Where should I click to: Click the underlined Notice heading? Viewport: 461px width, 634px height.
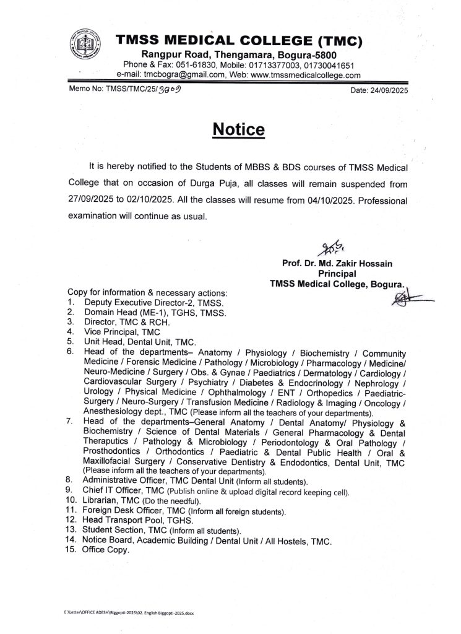point(238,130)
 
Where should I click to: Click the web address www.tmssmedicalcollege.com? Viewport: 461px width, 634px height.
point(306,75)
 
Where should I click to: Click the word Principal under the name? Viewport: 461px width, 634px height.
point(337,273)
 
